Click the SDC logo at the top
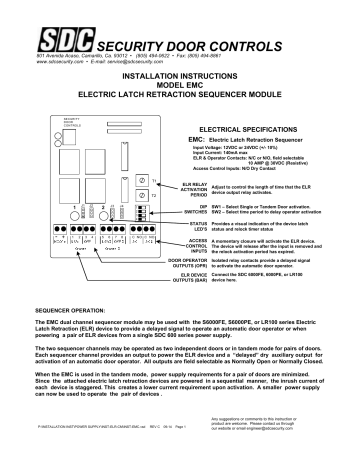[60, 20]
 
